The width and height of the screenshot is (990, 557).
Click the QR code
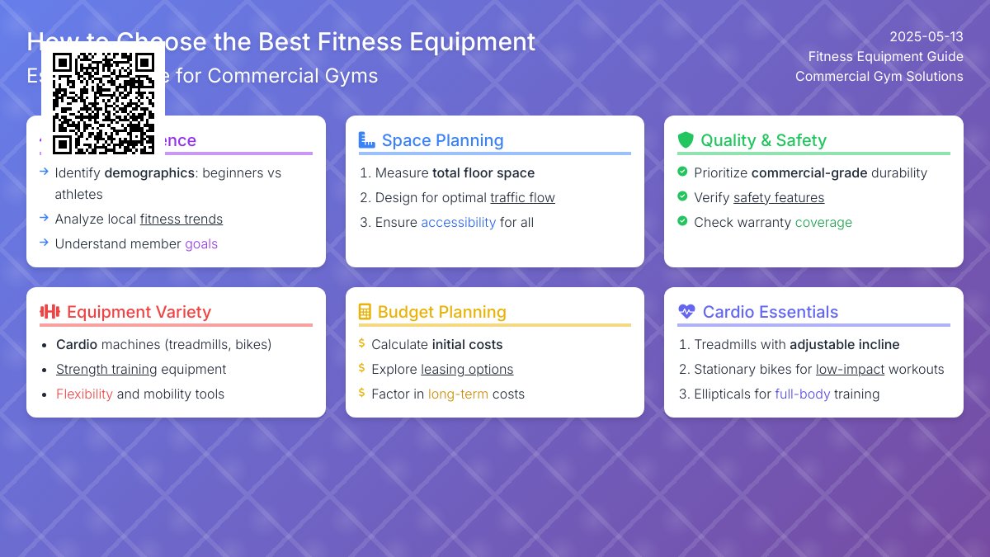point(103,103)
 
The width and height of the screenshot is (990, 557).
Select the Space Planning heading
point(442,140)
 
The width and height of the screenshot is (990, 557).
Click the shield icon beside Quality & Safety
point(686,140)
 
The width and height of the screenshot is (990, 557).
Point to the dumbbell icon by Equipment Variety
point(50,312)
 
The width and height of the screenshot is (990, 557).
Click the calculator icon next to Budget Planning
point(365,312)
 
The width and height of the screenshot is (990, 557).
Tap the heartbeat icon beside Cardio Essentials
point(686,312)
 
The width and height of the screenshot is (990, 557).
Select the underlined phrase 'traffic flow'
point(522,198)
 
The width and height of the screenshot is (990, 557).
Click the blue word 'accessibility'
point(458,223)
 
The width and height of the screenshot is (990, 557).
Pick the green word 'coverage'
point(823,223)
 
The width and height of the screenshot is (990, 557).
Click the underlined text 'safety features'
point(778,198)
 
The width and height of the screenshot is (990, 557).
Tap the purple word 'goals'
point(201,244)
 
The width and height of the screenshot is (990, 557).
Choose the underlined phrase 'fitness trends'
point(181,219)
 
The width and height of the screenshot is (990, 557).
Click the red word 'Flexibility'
point(84,394)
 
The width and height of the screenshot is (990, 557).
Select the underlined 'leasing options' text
point(467,370)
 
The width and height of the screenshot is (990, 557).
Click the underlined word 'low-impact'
point(850,370)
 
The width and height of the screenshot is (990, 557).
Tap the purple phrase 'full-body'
point(802,394)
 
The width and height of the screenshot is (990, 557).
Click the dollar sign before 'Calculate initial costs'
point(361,344)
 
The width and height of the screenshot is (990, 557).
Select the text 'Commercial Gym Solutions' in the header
point(879,77)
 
